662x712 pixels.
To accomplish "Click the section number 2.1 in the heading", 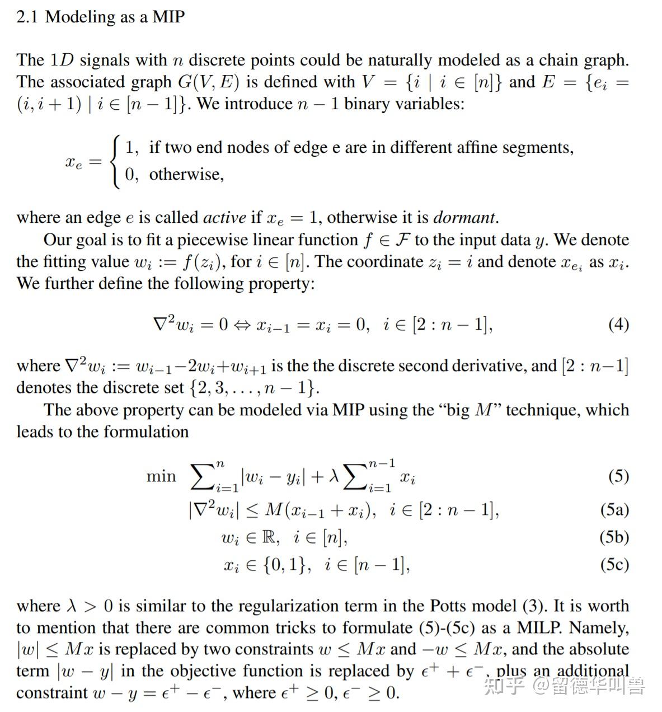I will click(x=27, y=17).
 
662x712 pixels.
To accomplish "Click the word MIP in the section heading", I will click(x=168, y=17).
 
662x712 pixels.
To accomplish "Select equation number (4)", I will click(x=618, y=324).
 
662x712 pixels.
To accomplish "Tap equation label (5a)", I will click(x=614, y=509).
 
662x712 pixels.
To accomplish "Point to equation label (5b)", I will click(x=614, y=537).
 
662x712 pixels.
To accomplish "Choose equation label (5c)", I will click(x=614, y=564).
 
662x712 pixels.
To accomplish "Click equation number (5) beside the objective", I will click(x=618, y=476).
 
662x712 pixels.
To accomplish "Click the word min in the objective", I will click(x=161, y=476).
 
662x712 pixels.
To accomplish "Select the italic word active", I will click(x=224, y=217).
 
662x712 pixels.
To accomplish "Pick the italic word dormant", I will click(x=464, y=217).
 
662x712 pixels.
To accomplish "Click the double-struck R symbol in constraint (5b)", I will click(x=270, y=537).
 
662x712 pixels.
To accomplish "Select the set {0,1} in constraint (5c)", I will click(x=286, y=564).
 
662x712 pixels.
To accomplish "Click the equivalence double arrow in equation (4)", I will click(x=242, y=325).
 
